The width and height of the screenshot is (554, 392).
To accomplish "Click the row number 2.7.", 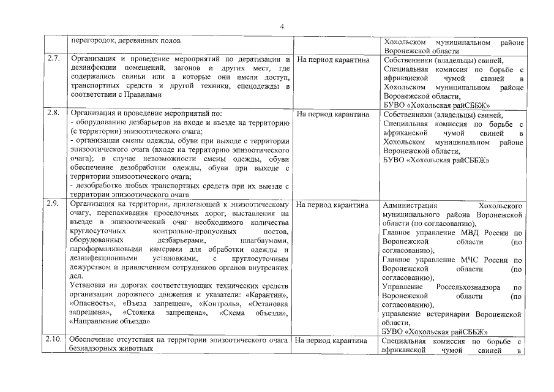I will tap(53, 59).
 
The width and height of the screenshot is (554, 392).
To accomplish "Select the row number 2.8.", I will tap(53, 113).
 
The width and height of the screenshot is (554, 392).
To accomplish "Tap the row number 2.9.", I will tap(53, 204).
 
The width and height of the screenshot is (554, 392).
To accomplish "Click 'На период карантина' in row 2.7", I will tap(333, 60).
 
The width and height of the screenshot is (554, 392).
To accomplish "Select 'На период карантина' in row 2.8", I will tap(333, 114).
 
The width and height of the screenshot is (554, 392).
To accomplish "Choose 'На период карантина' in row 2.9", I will tap(333, 205).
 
